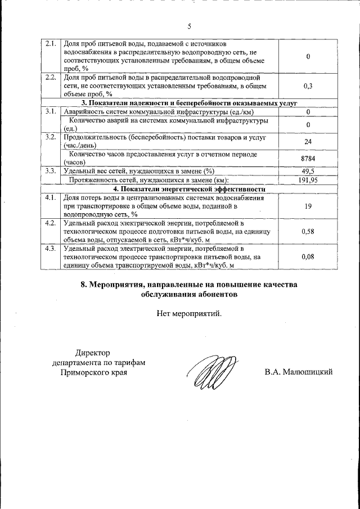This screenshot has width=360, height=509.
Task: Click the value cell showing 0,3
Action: [308, 86]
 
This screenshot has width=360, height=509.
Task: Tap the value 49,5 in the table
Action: [308, 171]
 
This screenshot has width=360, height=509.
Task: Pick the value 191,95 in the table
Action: [308, 180]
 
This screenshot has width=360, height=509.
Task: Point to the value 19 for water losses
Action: [308, 206]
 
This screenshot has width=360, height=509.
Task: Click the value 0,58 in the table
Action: [308, 231]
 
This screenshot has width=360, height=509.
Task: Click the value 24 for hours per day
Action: [308, 142]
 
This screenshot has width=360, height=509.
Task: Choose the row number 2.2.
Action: [51, 78]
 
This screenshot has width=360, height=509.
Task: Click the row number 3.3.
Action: [51, 171]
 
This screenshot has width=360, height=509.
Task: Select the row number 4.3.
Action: [51, 247]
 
